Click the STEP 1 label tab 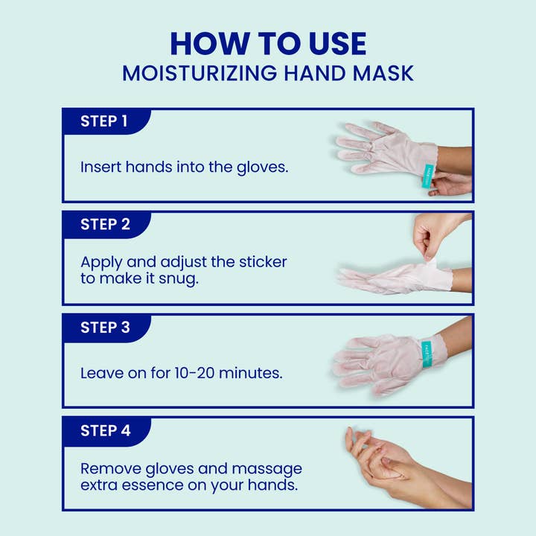[x=104, y=121]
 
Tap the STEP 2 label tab [x=104, y=224]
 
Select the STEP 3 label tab [x=104, y=327]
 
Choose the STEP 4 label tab [x=104, y=430]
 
